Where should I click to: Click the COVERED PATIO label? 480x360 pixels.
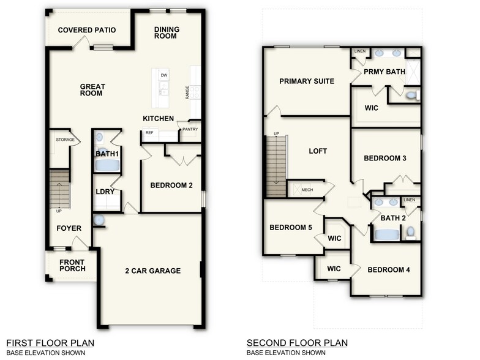[87, 30]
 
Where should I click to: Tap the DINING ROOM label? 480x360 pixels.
[165, 32]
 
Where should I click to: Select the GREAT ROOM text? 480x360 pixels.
[92, 90]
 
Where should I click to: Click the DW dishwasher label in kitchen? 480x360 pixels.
[163, 75]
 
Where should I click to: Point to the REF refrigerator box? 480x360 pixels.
[149, 133]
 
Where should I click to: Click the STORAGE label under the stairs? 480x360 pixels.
[65, 140]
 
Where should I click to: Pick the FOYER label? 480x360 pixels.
[69, 228]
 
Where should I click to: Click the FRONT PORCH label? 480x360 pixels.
[72, 265]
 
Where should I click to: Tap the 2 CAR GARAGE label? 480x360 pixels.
[153, 271]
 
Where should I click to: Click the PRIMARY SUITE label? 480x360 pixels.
[307, 81]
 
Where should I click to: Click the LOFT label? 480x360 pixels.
[318, 151]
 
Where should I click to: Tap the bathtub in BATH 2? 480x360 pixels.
[386, 234]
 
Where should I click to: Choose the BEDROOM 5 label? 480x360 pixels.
[291, 228]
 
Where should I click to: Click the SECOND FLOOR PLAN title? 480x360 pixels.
[297, 343]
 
